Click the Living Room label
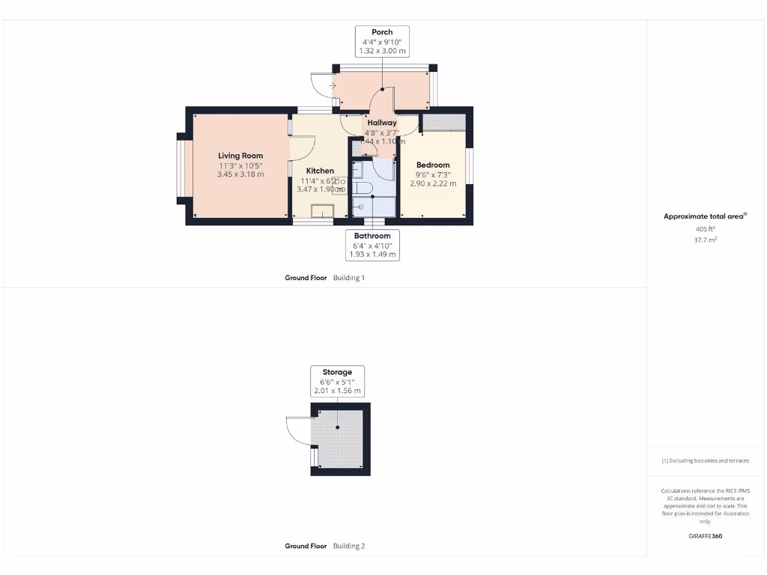pyautogui.click(x=240, y=156)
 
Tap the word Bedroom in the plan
pyautogui.click(x=433, y=165)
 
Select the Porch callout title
pyautogui.click(x=382, y=32)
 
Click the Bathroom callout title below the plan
pyautogui.click(x=372, y=236)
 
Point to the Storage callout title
pyautogui.click(x=337, y=371)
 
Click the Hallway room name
pyautogui.click(x=382, y=123)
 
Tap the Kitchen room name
pyautogui.click(x=319, y=171)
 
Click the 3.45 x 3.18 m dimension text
pyautogui.click(x=240, y=174)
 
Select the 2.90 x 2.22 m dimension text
pyautogui.click(x=433, y=183)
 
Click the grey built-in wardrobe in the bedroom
pyautogui.click(x=443, y=123)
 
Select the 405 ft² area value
pyautogui.click(x=705, y=228)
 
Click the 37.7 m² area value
pyautogui.click(x=705, y=240)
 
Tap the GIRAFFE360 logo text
pyautogui.click(x=705, y=536)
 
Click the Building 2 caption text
pyautogui.click(x=349, y=546)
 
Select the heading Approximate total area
pyautogui.click(x=703, y=216)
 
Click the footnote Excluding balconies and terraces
pyautogui.click(x=705, y=460)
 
